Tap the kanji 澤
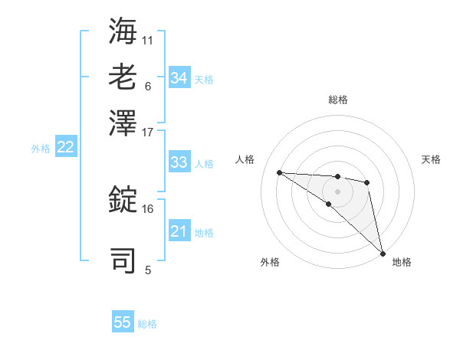coord(123,122)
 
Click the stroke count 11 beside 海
coord(148,38)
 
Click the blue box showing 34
coord(179,78)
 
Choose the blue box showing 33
coord(179,162)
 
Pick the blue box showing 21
coord(179,231)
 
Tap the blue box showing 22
coord(66,148)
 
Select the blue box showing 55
coord(123,322)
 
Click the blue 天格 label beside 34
coord(204,79)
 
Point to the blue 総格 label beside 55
coord(147,324)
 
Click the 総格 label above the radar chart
coord(338,100)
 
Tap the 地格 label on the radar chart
coord(402,263)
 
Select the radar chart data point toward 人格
coord(280,172)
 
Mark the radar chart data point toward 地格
coord(383,253)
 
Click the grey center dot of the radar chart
coord(337,191)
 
